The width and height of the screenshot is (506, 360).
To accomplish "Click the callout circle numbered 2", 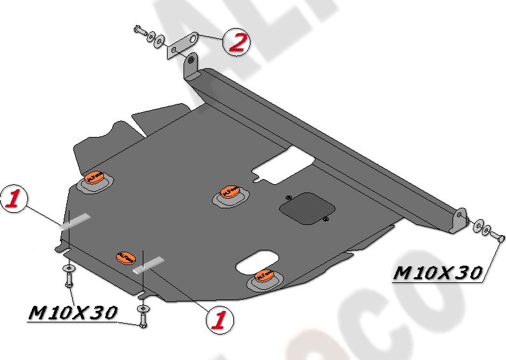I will [x=236, y=43].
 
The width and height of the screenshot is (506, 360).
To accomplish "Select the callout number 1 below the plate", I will [x=219, y=318].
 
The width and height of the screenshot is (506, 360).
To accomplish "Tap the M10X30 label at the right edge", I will [x=437, y=273].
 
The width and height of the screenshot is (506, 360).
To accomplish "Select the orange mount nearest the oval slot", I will [x=264, y=275].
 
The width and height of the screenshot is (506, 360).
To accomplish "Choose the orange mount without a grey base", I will [x=125, y=257].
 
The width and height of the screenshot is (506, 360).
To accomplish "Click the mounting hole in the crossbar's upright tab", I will [x=189, y=62].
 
